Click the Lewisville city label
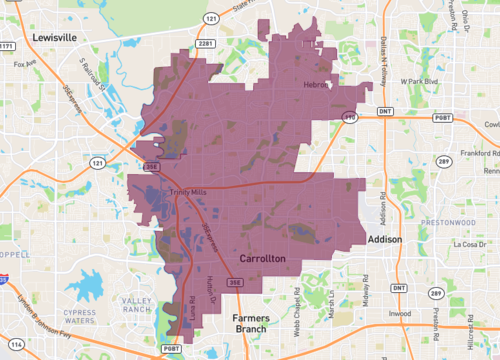coord(54,36)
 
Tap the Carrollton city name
coord(263,258)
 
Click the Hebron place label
coord(316,87)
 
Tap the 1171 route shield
coord(7,46)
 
